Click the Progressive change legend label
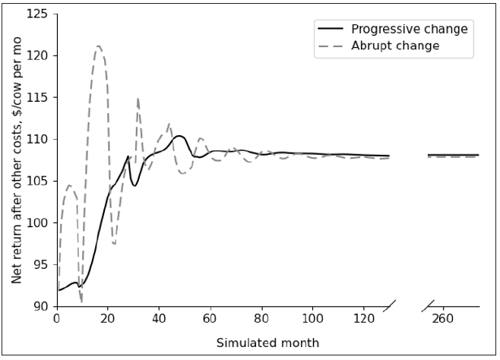(x=409, y=29)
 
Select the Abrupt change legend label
(x=395, y=46)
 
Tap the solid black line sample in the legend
(x=330, y=29)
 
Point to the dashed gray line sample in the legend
(x=330, y=46)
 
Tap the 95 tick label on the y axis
(x=40, y=265)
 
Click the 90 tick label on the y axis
(x=40, y=307)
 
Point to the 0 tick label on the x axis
(x=56, y=320)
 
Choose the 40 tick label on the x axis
(x=159, y=320)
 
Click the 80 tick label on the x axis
(x=261, y=320)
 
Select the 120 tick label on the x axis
(x=364, y=320)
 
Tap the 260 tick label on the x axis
(x=442, y=320)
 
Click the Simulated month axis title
(x=267, y=343)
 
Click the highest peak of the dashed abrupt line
(x=98, y=46)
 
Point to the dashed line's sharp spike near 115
(x=138, y=98)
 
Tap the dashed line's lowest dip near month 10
(x=81, y=302)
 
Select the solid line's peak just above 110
(x=179, y=136)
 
